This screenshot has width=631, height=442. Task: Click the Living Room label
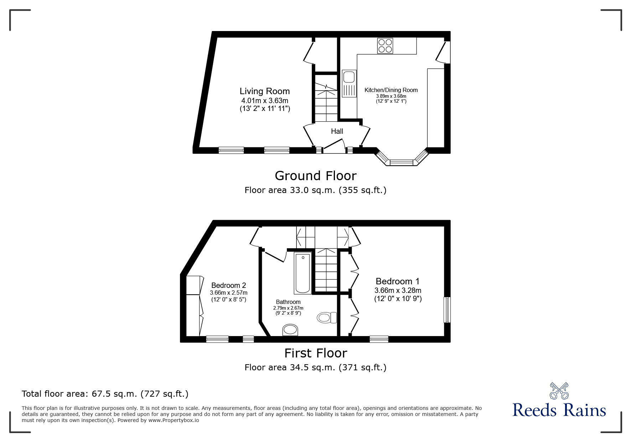(x=264, y=91)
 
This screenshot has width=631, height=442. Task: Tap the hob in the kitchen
(x=385, y=46)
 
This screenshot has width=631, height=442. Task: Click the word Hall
(x=337, y=131)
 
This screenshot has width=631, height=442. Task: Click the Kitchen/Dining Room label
(x=391, y=90)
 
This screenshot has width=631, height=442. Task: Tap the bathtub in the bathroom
(x=303, y=273)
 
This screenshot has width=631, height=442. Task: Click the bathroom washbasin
(x=291, y=330)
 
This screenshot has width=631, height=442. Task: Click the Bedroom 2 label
(x=228, y=285)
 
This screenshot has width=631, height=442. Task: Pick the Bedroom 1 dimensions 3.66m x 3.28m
(x=398, y=290)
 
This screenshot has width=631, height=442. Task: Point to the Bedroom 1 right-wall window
(x=447, y=310)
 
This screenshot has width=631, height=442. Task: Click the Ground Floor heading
(x=315, y=176)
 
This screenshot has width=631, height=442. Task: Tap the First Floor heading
(x=315, y=353)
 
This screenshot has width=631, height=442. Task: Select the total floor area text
(x=105, y=394)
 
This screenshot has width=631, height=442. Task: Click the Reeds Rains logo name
(x=559, y=410)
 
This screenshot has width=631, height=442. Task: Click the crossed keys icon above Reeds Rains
(x=559, y=391)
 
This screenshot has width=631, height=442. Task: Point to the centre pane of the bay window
(x=401, y=163)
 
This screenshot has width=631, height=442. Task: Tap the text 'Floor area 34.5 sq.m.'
(x=290, y=367)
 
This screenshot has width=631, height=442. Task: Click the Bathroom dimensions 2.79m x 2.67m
(x=288, y=308)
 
